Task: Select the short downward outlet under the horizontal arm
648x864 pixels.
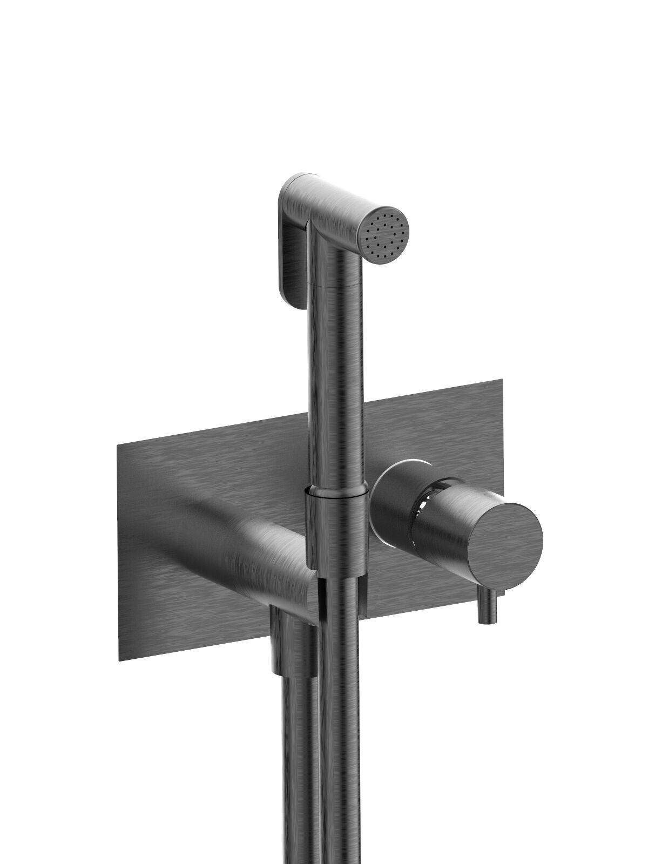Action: coord(289,643)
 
